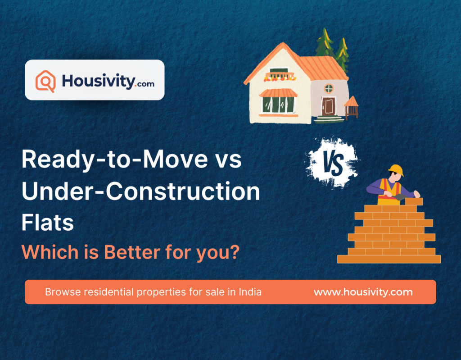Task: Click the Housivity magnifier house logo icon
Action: tap(45, 81)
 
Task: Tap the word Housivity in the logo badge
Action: tap(98, 81)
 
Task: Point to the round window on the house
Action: tap(329, 87)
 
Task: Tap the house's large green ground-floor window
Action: tap(278, 105)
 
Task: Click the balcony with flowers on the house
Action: tap(280, 77)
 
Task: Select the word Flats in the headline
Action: tap(48, 223)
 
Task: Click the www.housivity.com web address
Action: tap(363, 292)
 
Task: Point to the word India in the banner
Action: tap(250, 292)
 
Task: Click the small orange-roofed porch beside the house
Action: tap(351, 106)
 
